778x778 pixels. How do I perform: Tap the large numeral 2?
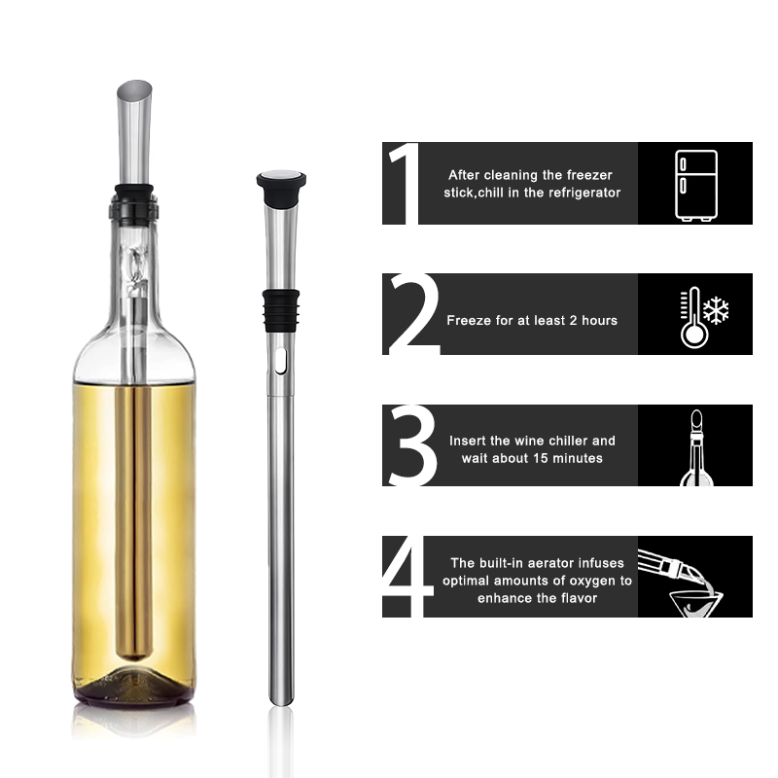(x=414, y=313)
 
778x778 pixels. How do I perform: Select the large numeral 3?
(x=412, y=445)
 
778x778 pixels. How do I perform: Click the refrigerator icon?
(x=696, y=185)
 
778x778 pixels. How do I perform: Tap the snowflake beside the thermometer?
(x=716, y=310)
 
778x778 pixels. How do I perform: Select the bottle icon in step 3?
(x=696, y=447)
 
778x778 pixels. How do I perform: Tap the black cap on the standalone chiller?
(x=281, y=188)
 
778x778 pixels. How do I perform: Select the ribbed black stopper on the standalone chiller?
(x=281, y=310)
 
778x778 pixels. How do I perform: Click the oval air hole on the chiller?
(x=280, y=360)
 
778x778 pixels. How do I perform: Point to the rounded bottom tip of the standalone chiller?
(x=281, y=700)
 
